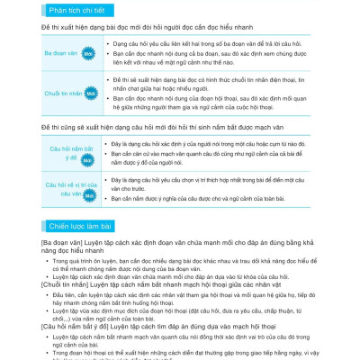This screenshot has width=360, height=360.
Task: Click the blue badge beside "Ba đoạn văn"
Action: point(87,54)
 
